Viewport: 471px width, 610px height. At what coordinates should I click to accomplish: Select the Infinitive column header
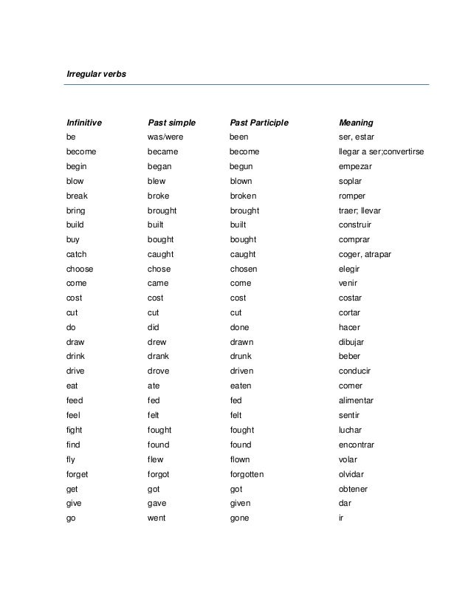83,122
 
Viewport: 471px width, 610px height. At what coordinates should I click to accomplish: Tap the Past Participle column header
258,122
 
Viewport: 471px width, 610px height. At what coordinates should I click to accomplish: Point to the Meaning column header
355,122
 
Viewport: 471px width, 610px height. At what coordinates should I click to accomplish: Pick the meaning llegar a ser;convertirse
380,151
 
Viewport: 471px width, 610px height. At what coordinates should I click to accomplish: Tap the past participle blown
241,181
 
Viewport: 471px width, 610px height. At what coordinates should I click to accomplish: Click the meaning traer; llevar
359,210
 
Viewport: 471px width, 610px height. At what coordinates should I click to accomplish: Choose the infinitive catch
76,254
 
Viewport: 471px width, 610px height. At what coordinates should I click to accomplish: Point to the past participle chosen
244,269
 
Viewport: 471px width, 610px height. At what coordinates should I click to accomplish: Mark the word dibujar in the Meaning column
351,342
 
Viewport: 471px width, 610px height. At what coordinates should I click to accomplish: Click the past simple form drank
158,357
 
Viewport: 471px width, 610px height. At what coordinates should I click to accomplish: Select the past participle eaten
241,385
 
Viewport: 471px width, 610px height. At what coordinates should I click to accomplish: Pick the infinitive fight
74,430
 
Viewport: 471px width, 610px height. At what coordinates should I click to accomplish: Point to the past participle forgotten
247,474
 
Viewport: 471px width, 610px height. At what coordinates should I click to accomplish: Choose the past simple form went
157,518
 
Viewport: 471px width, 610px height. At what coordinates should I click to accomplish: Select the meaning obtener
353,489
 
